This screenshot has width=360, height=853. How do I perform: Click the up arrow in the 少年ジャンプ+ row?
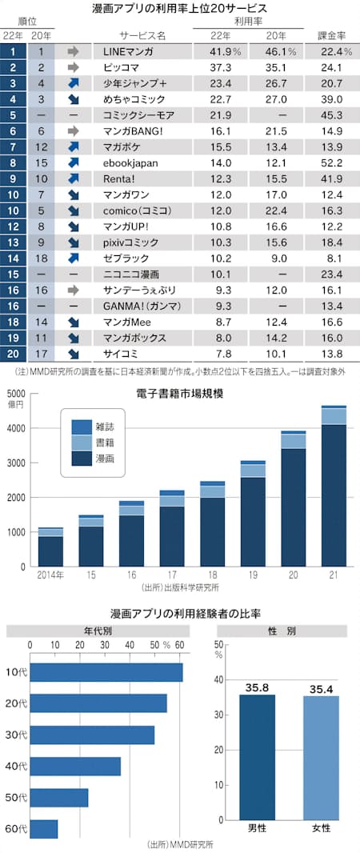(74, 83)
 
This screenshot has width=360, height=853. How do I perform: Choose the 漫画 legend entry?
(98, 458)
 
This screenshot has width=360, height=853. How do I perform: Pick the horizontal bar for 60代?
(44, 828)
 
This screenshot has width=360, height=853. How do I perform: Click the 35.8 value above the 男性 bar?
(256, 687)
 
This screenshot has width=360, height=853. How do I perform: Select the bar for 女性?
(320, 758)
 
